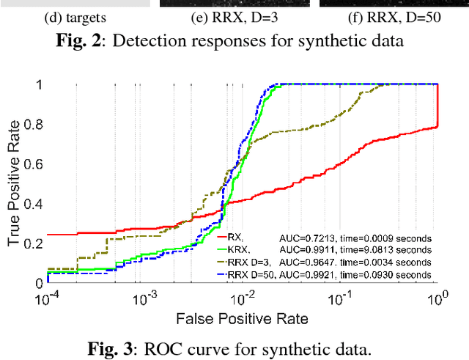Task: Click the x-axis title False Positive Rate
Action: pyautogui.click(x=241, y=318)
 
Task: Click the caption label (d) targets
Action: pyautogui.click(x=81, y=16)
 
